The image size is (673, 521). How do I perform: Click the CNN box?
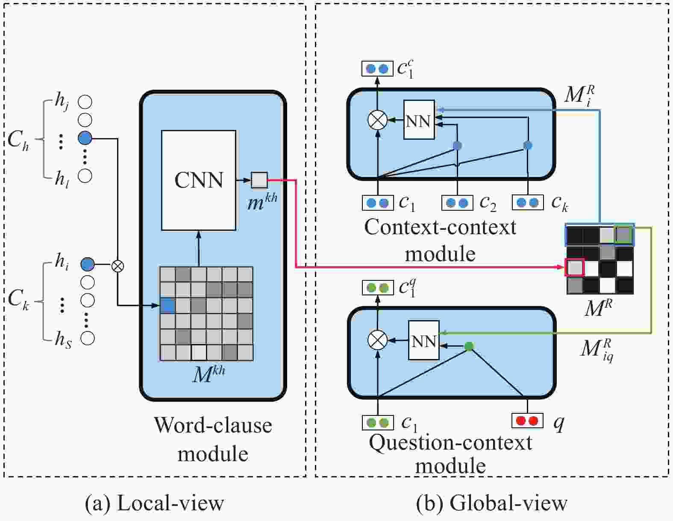199,180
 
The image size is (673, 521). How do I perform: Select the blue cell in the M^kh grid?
168,306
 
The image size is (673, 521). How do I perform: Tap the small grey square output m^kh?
259,180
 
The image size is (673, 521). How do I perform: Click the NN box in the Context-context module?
419,120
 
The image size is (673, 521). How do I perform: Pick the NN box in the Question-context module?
424,340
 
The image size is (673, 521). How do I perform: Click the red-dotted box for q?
527,421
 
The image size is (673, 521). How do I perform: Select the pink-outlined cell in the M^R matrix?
575,268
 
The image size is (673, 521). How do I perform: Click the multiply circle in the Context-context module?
377,120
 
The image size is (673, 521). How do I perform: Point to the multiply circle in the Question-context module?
377,340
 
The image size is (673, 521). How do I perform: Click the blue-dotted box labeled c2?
457,203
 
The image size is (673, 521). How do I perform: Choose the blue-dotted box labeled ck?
527,203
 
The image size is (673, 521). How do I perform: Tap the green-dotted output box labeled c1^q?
377,288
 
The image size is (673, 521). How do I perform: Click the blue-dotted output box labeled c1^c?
377,68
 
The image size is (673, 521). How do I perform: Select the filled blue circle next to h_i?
87,265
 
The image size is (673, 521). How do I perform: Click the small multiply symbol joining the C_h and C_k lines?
118,266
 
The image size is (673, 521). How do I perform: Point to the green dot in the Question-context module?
469,346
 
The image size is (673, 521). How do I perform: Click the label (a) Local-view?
154,503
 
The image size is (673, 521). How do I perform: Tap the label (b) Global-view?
491,503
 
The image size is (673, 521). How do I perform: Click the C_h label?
18,140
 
